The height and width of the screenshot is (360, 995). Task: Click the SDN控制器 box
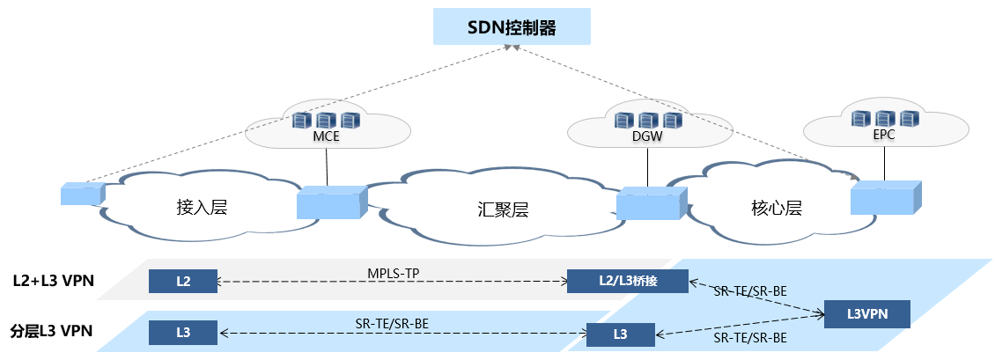[511, 27]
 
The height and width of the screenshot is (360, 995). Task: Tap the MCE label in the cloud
[326, 136]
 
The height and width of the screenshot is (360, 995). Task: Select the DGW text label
[648, 137]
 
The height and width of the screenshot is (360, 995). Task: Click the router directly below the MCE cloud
[330, 202]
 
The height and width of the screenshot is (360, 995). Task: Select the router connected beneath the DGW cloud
[650, 203]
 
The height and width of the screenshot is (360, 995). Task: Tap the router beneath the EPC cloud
[885, 198]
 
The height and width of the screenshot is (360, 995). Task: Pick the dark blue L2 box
[182, 282]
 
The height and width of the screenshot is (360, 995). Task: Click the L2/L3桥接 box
[626, 282]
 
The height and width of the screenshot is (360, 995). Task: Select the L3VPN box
[866, 313]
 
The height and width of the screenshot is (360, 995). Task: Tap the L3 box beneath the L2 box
[182, 333]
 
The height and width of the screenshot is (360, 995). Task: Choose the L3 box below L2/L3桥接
[621, 334]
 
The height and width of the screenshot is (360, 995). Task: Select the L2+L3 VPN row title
[54, 282]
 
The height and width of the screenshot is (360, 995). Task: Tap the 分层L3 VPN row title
[52, 332]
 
